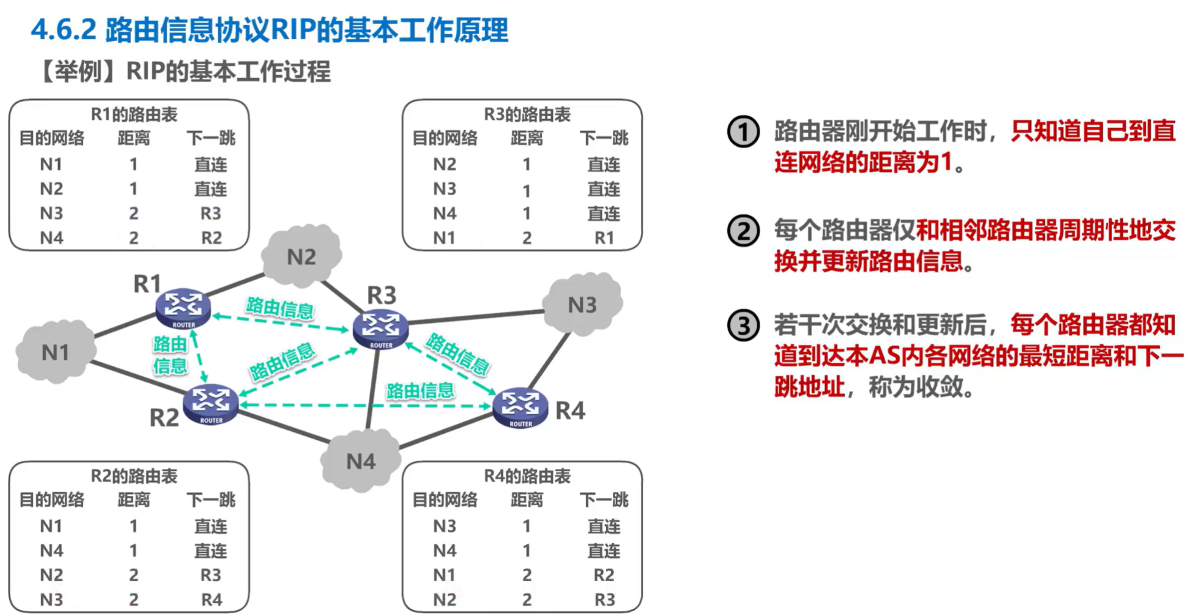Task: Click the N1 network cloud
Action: (56, 352)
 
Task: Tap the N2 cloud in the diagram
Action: (302, 257)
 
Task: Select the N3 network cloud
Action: (582, 305)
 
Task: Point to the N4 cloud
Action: (361, 461)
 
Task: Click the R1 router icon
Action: (183, 308)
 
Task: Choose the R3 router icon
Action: (380, 328)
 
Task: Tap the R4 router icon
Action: (520, 407)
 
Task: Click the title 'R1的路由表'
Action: (134, 114)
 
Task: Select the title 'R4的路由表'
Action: (527, 476)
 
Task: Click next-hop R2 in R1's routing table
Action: (212, 237)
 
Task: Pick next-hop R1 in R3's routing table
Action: (604, 237)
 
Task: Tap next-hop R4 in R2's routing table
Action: (212, 599)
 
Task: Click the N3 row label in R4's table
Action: (445, 526)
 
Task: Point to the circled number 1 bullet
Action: (743, 132)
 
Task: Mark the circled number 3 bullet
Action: (743, 325)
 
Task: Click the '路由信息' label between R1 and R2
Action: (170, 355)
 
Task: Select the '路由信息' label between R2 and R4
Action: (420, 390)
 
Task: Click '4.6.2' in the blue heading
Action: (64, 29)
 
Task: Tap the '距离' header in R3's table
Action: (527, 138)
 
